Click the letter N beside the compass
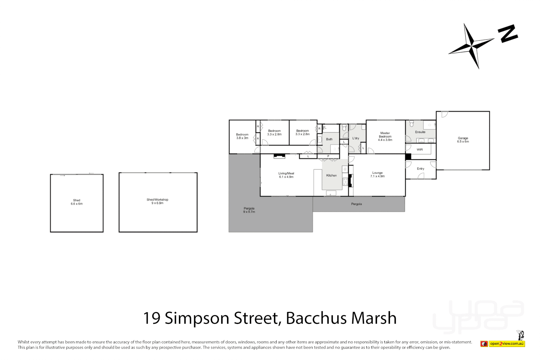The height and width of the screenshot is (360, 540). (x=508, y=33)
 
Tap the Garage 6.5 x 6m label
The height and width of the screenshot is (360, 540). (x=463, y=140)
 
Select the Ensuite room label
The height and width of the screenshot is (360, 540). (x=420, y=132)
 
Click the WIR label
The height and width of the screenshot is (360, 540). (x=420, y=150)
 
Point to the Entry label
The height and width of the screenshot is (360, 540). (x=420, y=169)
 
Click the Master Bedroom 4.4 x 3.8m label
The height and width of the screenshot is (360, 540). (x=385, y=136)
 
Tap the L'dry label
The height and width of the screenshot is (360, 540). (x=356, y=138)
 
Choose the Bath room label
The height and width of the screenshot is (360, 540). (x=329, y=139)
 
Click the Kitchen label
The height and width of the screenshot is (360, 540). (x=331, y=175)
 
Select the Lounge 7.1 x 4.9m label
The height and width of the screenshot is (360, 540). (x=377, y=174)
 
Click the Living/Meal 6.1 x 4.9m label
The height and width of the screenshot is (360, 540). (x=286, y=175)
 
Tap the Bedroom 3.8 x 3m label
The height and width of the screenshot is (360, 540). (x=242, y=136)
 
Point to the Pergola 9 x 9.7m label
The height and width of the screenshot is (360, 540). (x=249, y=210)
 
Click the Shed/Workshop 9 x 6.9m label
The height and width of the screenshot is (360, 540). (x=157, y=201)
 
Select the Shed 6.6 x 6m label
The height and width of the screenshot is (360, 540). (x=76, y=202)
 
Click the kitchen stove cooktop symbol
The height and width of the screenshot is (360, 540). (x=345, y=182)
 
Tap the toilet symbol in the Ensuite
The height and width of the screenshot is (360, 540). (x=412, y=124)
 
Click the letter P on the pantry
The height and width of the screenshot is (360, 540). (x=328, y=156)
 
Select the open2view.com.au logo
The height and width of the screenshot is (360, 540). (x=507, y=344)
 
